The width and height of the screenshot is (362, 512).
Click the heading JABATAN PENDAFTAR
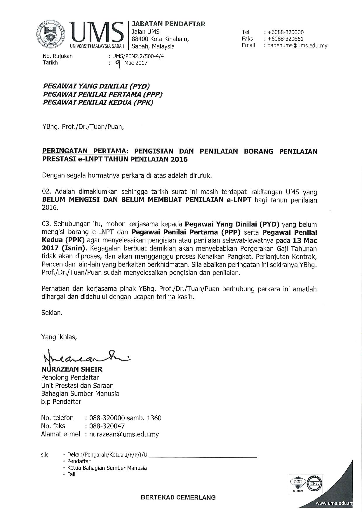coord(169,24)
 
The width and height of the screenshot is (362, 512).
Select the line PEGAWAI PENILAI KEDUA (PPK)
coord(98,102)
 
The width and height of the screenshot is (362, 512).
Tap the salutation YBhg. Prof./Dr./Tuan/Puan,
coord(83,127)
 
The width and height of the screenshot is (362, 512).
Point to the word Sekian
coord(52,313)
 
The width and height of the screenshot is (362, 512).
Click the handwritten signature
coord(85,356)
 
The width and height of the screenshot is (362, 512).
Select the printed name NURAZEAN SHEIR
coord(72,369)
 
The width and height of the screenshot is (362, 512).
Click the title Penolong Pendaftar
coord(70,377)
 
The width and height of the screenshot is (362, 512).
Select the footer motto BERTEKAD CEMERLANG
coord(178,497)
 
